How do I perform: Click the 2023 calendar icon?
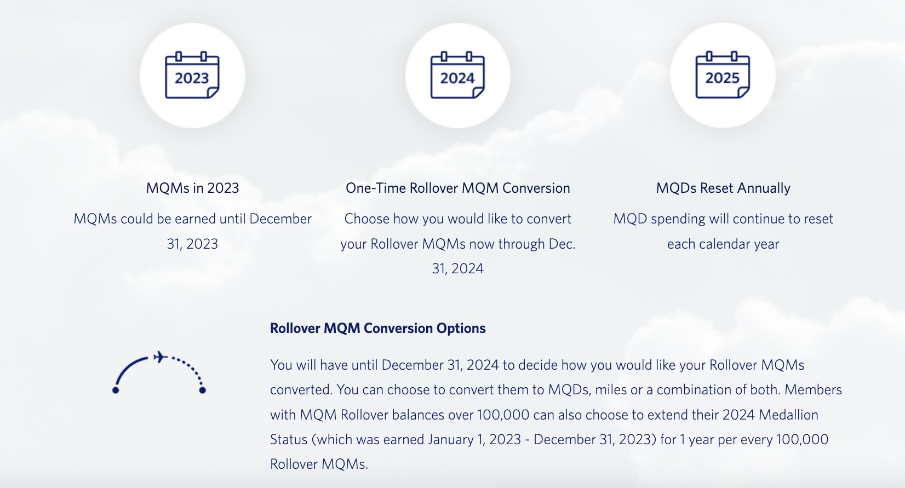coord(192,76)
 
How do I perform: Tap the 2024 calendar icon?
coord(457,76)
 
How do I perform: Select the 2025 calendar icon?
coord(723,76)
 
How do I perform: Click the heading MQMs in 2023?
coord(192,188)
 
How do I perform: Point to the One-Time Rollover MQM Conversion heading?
coord(457,188)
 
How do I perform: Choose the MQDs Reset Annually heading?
coord(723,188)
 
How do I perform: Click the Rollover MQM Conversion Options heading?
coord(377,328)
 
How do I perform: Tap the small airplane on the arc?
coord(160,357)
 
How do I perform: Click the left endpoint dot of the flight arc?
coord(116,390)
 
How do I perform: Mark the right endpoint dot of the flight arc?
coord(202,390)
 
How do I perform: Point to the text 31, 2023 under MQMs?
coord(192,244)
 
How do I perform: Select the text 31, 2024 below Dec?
coord(457,268)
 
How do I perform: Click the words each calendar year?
coord(723,244)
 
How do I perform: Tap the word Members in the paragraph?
coord(813,389)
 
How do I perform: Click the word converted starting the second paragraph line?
coord(301,389)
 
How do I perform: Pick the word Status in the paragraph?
coord(289,439)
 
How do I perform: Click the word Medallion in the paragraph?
coord(788,415)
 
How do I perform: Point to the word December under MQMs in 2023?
coord(280,219)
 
